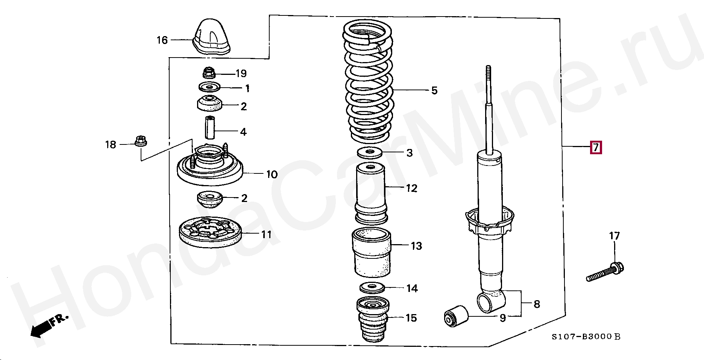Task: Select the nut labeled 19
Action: (x=208, y=73)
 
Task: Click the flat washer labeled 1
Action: (x=209, y=87)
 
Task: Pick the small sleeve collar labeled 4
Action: (x=209, y=128)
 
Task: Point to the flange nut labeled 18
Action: (x=141, y=142)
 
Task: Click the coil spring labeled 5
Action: (x=368, y=83)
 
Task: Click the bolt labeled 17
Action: (x=605, y=273)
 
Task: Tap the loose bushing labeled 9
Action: (x=456, y=316)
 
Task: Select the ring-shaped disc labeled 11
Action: (x=209, y=234)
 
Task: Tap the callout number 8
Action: (x=537, y=304)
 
